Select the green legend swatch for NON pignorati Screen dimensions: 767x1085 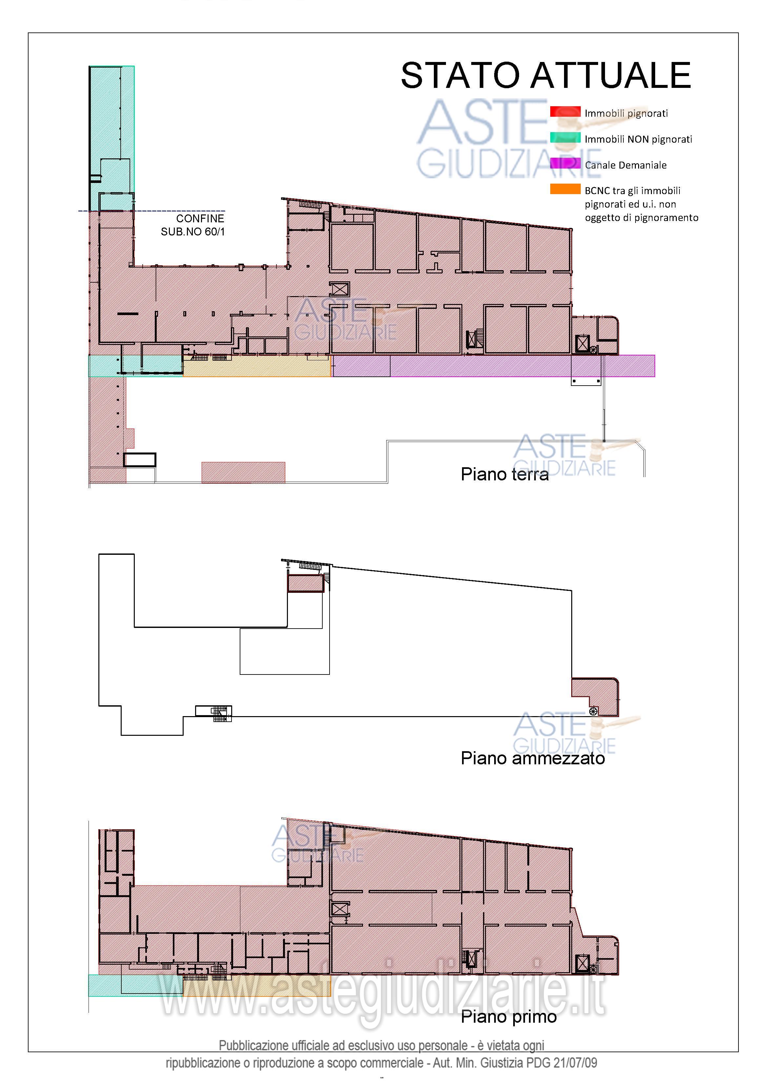pyautogui.click(x=565, y=137)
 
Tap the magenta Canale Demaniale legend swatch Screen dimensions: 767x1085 pyautogui.click(x=565, y=164)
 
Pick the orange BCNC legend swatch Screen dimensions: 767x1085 pyautogui.click(x=565, y=189)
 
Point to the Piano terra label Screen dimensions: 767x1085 pyautogui.click(x=505, y=474)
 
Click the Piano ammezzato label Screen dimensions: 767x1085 pyautogui.click(x=533, y=758)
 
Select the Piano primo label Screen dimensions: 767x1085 pyautogui.click(x=509, y=1016)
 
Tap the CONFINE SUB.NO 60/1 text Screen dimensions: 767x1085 pyautogui.click(x=193, y=225)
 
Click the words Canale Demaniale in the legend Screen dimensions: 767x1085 pyautogui.click(x=626, y=165)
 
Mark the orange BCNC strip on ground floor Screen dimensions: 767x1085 pyautogui.click(x=257, y=366)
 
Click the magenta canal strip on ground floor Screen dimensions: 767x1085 pyautogui.click(x=494, y=366)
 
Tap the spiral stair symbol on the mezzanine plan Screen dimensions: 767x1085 pyautogui.click(x=594, y=712)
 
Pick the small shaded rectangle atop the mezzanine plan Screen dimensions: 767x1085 pyautogui.click(x=306, y=583)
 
